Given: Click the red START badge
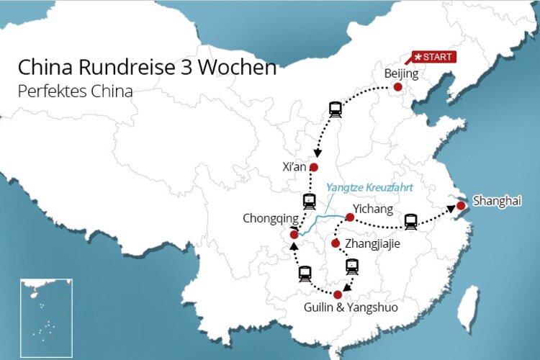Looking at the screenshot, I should pos(433,57).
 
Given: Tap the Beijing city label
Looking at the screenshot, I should pos(401,73).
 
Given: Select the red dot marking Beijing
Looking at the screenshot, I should pos(397,87).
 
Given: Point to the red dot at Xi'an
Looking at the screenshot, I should pos(313,167).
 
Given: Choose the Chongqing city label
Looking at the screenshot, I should pos(270,218).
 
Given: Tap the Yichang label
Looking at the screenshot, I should pos(374,210).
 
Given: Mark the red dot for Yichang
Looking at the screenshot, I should pos(349,217).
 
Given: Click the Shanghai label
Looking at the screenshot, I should pos(496,202).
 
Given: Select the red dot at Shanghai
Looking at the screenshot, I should pos(460,207).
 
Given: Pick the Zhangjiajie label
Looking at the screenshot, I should pos(372,244).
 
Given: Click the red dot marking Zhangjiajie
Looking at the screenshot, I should pos(336,243).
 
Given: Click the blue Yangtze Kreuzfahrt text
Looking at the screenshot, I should pos(372,186).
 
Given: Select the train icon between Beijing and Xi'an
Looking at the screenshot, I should pos(335,109).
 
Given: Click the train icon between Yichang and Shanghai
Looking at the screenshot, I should pos(410,221).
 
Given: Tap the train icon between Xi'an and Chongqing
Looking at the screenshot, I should pos(309,201).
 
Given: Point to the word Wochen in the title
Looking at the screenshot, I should pos(244,68).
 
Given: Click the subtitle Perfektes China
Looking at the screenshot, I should pos(76,92).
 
